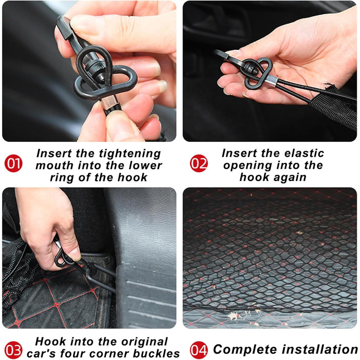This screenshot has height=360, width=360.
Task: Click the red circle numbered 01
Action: pyautogui.click(x=13, y=163)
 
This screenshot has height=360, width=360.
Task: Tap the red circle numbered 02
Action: pyautogui.click(x=199, y=163)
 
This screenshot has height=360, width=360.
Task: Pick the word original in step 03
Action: pyautogui.click(x=145, y=342)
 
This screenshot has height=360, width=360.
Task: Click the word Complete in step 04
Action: pyautogui.click(x=245, y=350)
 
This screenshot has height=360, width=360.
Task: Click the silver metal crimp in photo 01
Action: pyautogui.click(x=109, y=102)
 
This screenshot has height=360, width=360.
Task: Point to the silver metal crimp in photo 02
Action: pyautogui.click(x=271, y=80)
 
